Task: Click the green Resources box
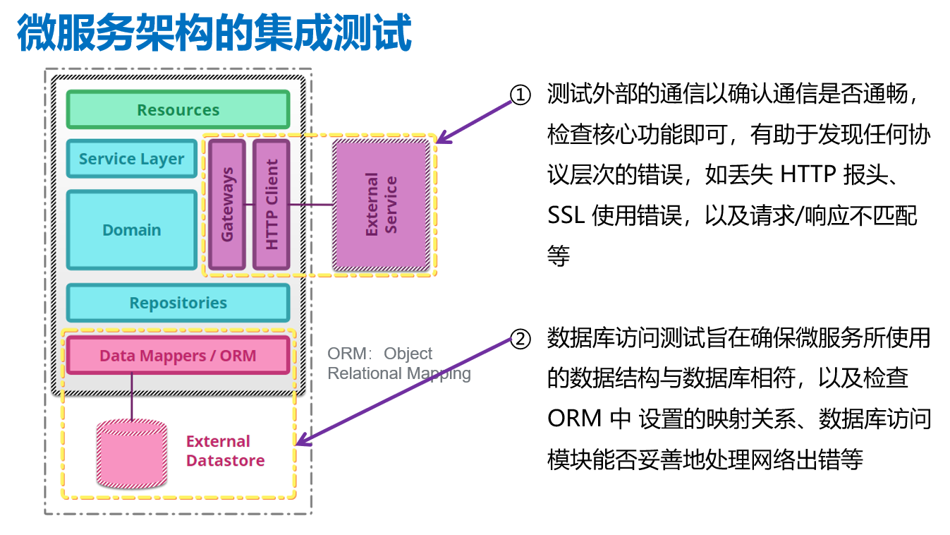click(178, 110)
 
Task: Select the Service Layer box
click(131, 159)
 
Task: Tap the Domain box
click(131, 230)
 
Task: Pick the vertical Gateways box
click(227, 204)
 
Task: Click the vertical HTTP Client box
click(272, 204)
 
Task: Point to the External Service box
click(381, 205)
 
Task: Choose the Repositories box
click(178, 303)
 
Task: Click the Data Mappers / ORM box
click(178, 355)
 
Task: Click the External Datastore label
click(225, 451)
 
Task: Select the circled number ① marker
click(520, 95)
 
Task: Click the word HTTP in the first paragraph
click(807, 174)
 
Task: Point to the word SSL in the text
click(566, 215)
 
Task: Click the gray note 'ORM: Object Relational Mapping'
click(398, 363)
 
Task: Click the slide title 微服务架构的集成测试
click(214, 32)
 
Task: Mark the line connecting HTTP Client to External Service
click(311, 205)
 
